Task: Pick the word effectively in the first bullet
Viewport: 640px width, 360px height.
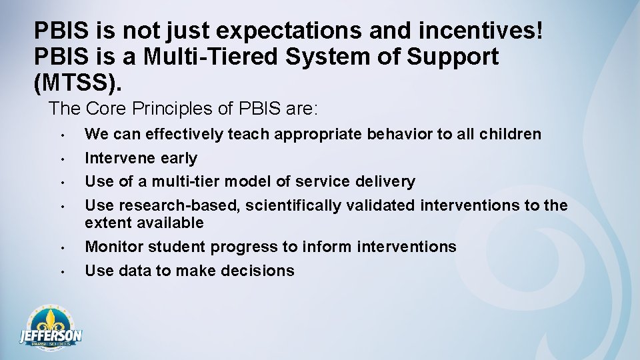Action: click(185, 135)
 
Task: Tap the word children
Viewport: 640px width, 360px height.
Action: click(509, 135)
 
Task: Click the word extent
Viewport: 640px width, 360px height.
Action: click(107, 223)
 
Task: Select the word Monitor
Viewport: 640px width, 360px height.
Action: click(114, 247)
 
